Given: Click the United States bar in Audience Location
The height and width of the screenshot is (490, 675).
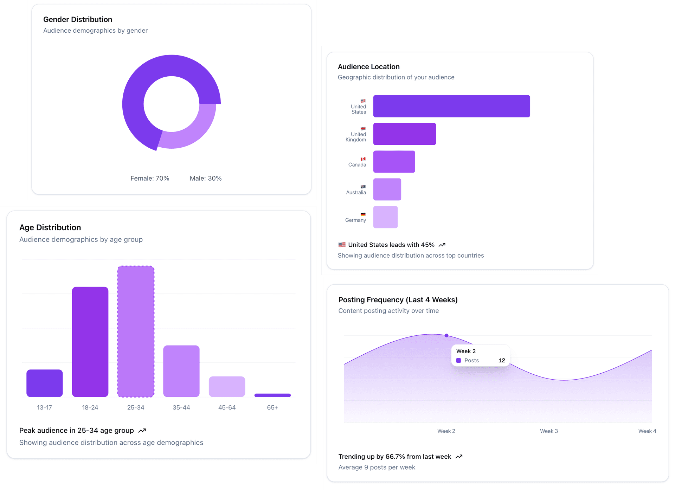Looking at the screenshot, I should pyautogui.click(x=451, y=106).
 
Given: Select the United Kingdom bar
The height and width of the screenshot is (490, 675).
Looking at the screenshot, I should pyautogui.click(x=404, y=134).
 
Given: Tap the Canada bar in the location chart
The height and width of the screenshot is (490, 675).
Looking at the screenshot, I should pyautogui.click(x=394, y=162).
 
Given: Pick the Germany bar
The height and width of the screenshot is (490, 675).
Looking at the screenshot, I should pyautogui.click(x=385, y=217).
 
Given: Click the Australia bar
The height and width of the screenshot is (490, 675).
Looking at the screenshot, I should pyautogui.click(x=387, y=189).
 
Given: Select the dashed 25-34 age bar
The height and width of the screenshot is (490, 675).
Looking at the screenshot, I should pyautogui.click(x=136, y=331).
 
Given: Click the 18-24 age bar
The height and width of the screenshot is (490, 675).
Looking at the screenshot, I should pyautogui.click(x=90, y=342).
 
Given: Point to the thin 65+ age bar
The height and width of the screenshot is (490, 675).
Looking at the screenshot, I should pyautogui.click(x=272, y=395).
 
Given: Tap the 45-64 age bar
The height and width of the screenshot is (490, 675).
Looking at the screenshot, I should pyautogui.click(x=227, y=387).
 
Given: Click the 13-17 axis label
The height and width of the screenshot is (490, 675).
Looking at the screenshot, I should pyautogui.click(x=44, y=408).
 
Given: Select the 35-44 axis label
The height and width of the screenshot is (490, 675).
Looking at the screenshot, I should pyautogui.click(x=181, y=408).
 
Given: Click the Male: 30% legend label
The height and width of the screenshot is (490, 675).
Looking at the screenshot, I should pyautogui.click(x=206, y=179).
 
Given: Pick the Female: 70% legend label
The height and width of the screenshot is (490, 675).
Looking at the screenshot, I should pyautogui.click(x=150, y=179).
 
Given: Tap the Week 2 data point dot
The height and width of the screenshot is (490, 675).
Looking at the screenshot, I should pyautogui.click(x=446, y=336).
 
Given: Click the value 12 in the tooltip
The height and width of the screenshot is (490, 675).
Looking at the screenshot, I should pyautogui.click(x=502, y=361).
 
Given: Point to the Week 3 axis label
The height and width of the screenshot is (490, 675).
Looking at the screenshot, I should pyautogui.click(x=549, y=431).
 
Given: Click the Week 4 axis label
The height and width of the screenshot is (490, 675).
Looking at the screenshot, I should pyautogui.click(x=647, y=431).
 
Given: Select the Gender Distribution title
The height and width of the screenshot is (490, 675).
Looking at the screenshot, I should pyautogui.click(x=78, y=20).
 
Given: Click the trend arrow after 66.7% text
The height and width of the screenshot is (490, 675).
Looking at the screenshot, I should pyautogui.click(x=459, y=457).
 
